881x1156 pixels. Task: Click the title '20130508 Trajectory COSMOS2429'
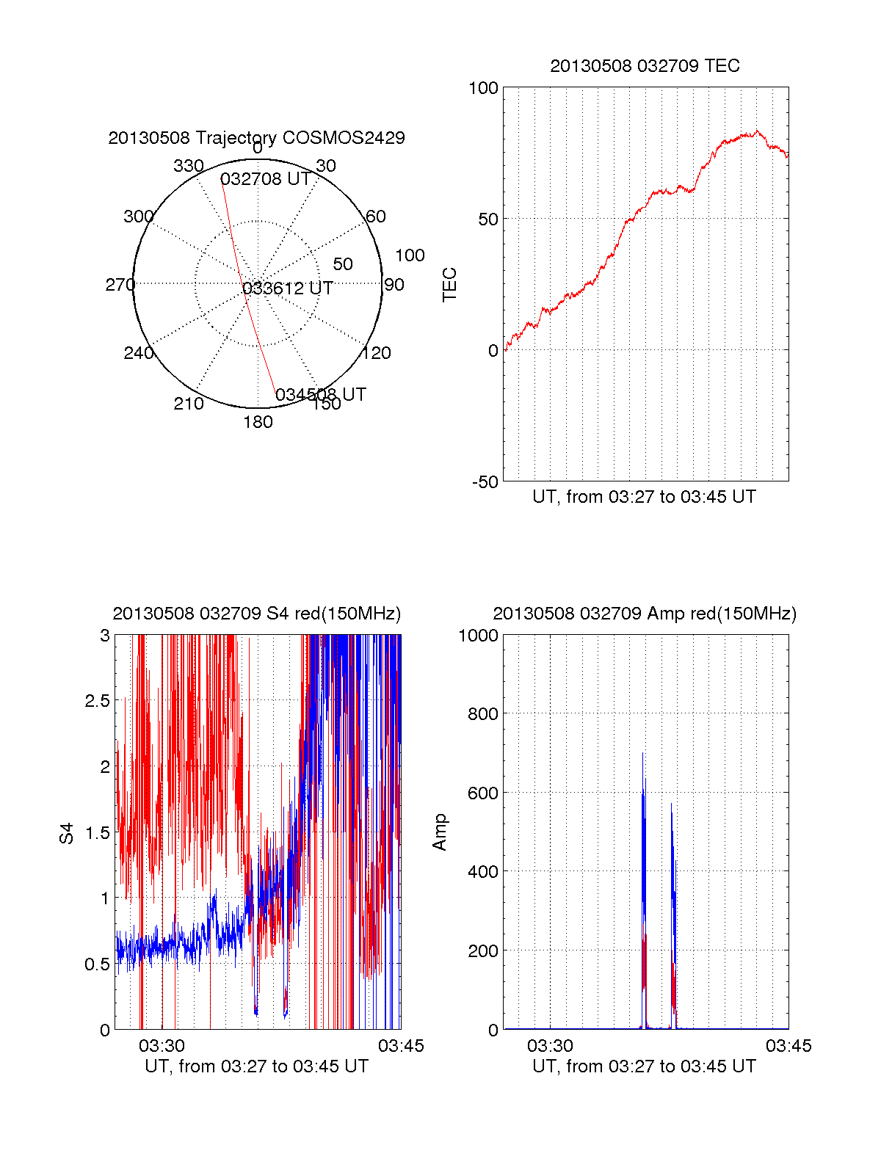point(256,138)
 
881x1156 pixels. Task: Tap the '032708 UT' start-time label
point(265,180)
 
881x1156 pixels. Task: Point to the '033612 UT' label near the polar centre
point(288,288)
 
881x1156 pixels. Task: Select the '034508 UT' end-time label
point(320,395)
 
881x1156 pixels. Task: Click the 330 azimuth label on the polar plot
point(188,166)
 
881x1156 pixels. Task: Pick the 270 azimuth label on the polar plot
point(120,285)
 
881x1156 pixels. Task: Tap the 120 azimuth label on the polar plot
point(377,353)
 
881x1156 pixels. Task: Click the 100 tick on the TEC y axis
point(483,88)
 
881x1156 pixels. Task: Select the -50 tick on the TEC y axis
point(485,482)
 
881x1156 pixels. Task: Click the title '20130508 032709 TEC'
point(645,66)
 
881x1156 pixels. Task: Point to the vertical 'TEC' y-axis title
point(449,285)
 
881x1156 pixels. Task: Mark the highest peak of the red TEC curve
point(758,131)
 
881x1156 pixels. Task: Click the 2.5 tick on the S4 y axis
point(97,701)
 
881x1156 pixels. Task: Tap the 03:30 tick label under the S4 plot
point(162,1046)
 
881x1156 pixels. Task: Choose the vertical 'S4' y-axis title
point(67,833)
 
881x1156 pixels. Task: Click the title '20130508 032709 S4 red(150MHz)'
point(256,614)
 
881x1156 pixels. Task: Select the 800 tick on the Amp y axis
point(482,713)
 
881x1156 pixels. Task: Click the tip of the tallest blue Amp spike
point(643,753)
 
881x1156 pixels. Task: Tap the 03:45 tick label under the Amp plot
point(788,1046)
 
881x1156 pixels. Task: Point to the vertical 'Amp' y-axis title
point(440,832)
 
